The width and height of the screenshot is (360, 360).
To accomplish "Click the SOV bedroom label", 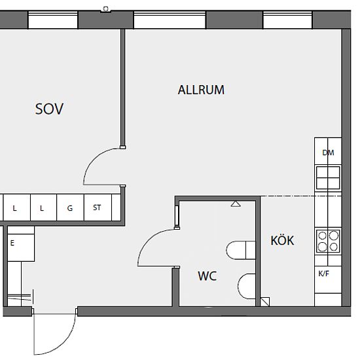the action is point(49,109).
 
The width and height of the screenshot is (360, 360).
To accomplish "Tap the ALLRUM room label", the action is point(201,90).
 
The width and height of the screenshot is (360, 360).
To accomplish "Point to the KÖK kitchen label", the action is point(282,240).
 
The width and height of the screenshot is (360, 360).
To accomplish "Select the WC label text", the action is point(207,276).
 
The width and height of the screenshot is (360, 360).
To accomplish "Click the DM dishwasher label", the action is point(328,153).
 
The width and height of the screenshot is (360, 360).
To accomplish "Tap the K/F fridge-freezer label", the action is point(324,274).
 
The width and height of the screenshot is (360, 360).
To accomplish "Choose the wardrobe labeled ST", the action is point(98,207).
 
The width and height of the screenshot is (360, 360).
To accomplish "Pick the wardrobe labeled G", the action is point(70,207).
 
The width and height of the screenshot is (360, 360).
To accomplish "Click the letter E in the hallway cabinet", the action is point(12,243).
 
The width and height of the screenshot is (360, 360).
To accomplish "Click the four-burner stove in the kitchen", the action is point(328,242).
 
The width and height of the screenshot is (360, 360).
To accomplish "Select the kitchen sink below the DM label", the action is point(328,178).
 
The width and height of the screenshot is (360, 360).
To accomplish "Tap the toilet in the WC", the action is point(241,250).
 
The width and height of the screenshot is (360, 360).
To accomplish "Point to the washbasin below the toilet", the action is point(247,286).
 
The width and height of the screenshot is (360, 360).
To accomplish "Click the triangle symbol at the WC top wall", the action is point(236,204).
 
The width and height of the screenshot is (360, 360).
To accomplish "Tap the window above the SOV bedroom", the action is point(53,20).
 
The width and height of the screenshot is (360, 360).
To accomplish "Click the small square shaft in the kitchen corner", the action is point(265,302).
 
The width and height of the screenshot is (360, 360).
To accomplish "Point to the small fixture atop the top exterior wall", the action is point(105,9).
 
